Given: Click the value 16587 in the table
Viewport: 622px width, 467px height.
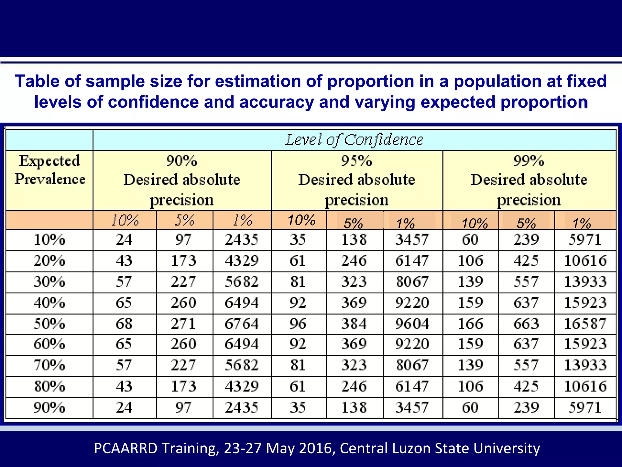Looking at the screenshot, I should point(585,324).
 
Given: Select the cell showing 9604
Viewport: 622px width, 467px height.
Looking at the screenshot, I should point(412,324).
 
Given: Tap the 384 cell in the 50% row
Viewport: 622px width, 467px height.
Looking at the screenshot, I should point(354,324).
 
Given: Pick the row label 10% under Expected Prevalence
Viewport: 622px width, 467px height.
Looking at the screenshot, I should point(49,240).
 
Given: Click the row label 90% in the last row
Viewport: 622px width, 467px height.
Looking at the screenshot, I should point(49,407).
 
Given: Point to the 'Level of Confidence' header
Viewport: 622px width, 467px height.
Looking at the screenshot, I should point(354,140).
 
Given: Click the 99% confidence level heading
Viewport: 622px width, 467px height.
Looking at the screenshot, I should point(529,161).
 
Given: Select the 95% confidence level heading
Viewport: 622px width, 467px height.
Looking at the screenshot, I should point(357,161).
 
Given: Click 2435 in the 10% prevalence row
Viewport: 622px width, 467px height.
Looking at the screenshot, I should point(241,240).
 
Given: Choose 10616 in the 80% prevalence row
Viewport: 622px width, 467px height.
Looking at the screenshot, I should point(585,386).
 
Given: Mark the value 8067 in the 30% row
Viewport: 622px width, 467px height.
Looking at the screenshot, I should point(412,282).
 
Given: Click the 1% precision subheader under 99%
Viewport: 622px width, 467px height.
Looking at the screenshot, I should point(582,223).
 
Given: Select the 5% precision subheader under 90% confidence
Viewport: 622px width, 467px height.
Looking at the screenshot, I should point(184,220).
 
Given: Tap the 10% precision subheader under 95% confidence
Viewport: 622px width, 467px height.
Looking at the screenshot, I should point(301,220).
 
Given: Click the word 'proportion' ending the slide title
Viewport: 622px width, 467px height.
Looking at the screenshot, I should point(544,102).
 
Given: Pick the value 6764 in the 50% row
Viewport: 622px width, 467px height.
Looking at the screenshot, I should point(241,324).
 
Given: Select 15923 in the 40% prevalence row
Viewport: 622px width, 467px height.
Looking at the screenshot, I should point(585,303).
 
